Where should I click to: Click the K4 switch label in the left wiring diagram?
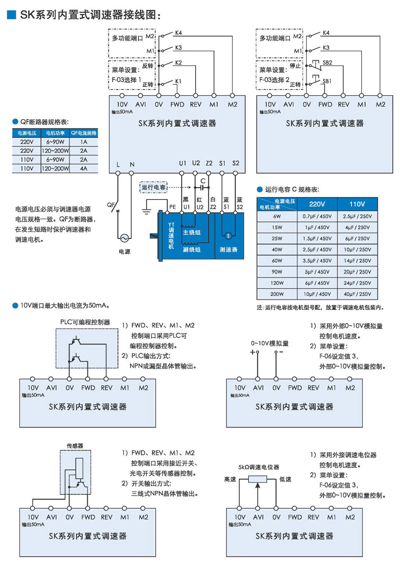point(178,33)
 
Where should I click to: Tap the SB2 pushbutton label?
point(327,63)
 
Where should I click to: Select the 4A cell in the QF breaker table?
point(84,168)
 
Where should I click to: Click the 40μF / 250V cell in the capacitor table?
point(357,294)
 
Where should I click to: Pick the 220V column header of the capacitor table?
point(317,204)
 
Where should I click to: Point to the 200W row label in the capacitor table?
point(277,294)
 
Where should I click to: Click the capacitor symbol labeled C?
point(202,187)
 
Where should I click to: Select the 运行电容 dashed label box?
point(154,187)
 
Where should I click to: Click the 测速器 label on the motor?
point(228,249)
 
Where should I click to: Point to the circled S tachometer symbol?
point(228,236)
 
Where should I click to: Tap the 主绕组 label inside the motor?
point(192,232)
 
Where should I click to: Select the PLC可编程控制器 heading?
point(85,322)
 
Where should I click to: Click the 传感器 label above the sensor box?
point(75,445)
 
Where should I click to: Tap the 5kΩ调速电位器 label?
point(259,467)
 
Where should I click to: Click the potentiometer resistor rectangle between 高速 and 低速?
point(258,479)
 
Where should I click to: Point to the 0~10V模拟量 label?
point(270,343)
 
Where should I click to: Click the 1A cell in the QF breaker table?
point(84,142)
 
